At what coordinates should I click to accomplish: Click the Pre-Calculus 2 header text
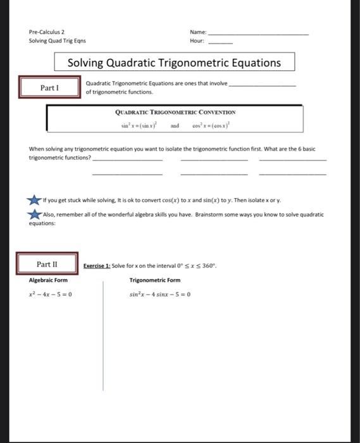coord(47,32)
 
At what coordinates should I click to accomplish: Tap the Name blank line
coord(259,34)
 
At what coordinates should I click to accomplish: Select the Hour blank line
coord(221,43)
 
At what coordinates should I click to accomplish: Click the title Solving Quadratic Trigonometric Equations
coord(174,63)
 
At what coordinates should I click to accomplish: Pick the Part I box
coord(49,87)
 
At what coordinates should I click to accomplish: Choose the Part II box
coord(48,265)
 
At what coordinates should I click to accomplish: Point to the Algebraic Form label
coord(48,280)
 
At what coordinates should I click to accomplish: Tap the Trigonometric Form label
coord(154,280)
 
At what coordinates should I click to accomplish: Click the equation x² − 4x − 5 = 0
coord(53,294)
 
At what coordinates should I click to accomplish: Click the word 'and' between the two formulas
coord(176,126)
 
